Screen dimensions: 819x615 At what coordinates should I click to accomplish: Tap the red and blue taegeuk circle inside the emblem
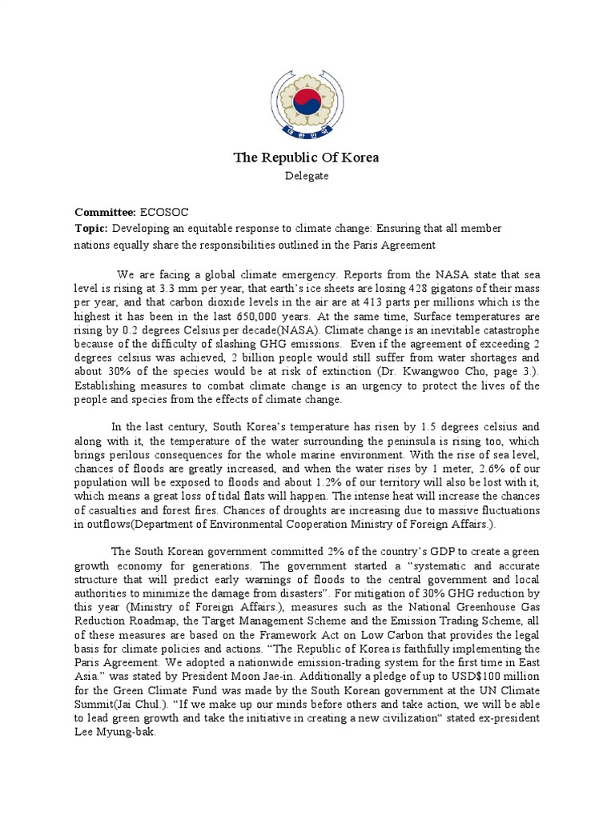point(306,101)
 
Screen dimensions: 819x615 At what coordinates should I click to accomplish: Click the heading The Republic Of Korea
point(307,158)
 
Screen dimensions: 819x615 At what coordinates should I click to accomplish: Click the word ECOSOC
point(166,213)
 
